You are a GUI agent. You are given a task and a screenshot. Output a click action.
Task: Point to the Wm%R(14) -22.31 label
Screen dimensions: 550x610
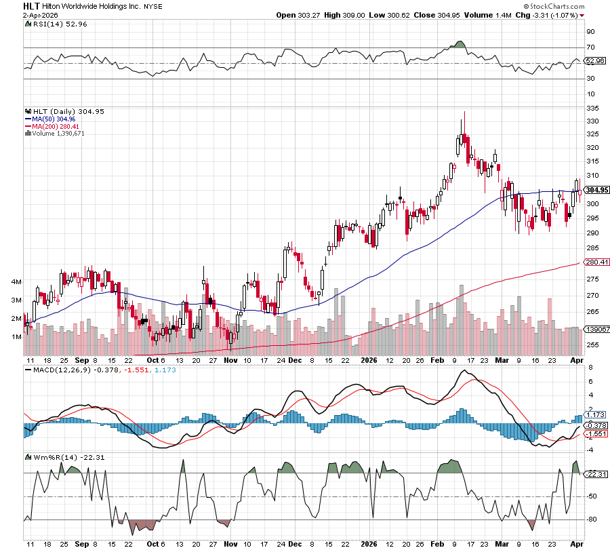tap(57, 457)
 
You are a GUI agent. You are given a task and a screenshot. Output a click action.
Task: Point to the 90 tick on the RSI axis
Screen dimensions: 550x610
tap(591, 31)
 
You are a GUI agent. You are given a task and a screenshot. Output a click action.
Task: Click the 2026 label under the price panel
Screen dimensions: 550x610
tap(369, 360)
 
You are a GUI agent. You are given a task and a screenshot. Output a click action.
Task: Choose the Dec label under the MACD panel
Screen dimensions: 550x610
tap(295, 544)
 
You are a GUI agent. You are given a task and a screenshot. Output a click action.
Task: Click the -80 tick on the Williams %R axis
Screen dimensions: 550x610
tap(592, 520)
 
